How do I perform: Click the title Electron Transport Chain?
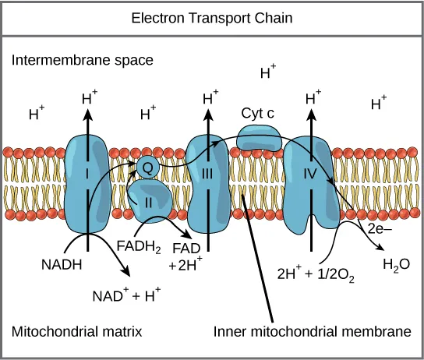[212, 16]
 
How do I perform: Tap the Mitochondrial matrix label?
[76, 331]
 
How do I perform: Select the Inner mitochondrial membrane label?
[313, 331]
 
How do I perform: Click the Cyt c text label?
[256, 114]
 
